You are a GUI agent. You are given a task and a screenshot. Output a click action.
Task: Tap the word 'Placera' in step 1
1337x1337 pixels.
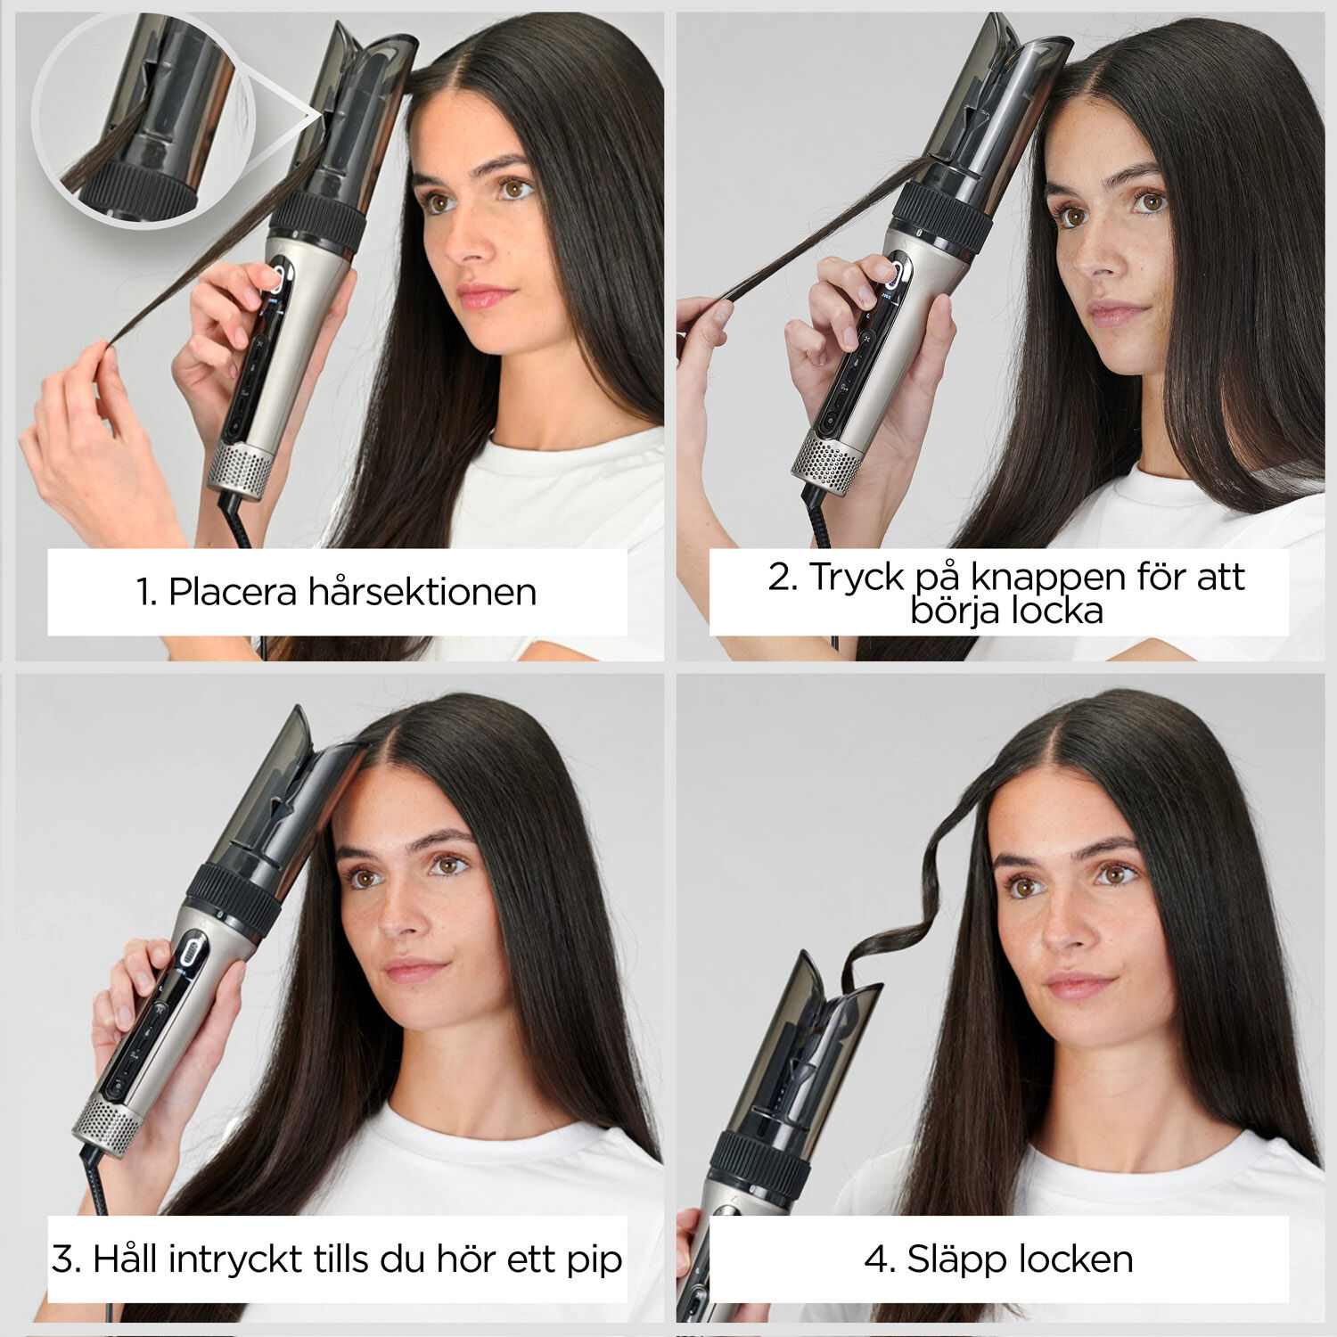click(232, 593)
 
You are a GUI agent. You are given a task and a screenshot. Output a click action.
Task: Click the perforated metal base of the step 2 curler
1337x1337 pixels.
click(827, 463)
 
